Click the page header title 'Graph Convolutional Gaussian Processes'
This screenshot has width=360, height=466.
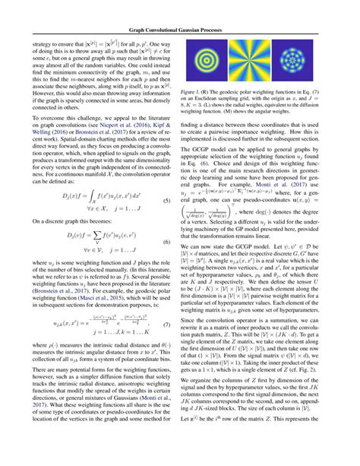pos(179,9)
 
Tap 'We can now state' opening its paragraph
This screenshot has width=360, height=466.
pos(208,247)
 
